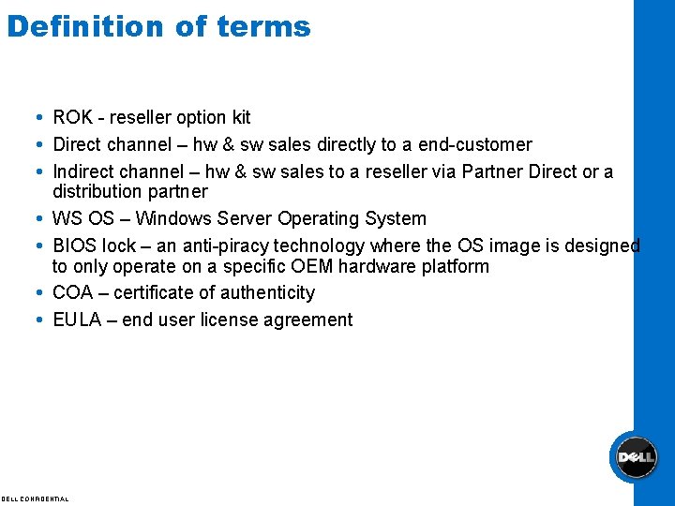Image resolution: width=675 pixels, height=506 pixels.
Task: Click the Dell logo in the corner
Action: click(633, 458)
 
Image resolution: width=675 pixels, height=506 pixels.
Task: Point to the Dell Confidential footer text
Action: click(35, 499)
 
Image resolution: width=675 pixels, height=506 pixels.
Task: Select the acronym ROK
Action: click(72, 118)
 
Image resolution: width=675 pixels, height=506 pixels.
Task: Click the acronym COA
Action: click(73, 293)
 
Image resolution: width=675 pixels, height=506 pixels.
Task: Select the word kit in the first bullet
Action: click(241, 118)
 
